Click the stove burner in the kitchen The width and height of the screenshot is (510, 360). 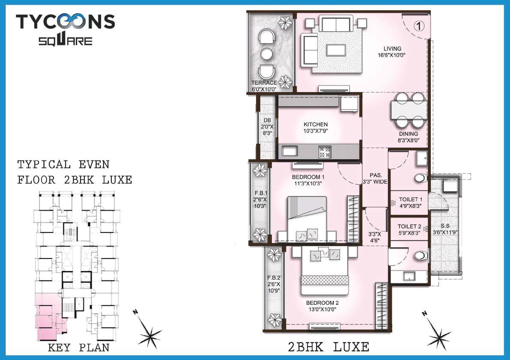pos(325,151)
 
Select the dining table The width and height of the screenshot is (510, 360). pos(409,110)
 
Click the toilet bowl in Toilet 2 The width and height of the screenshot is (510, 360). pos(421,256)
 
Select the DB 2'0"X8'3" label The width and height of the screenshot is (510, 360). pos(267,127)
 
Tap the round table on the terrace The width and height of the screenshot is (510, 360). pos(267,54)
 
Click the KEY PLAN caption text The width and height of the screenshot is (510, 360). pos(78,348)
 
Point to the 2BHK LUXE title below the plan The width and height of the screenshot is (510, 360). pos(329,347)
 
